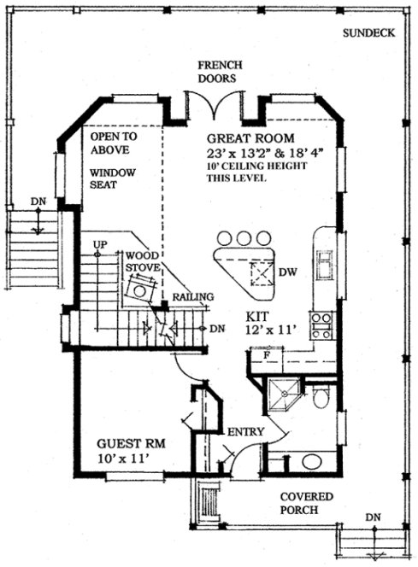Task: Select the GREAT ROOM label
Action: (250, 137)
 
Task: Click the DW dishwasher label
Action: (287, 273)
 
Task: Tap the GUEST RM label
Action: (130, 444)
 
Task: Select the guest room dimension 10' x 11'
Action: (127, 459)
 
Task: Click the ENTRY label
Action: (245, 431)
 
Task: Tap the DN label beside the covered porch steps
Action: (373, 517)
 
